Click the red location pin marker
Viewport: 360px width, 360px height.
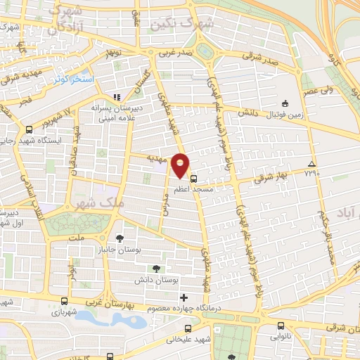pyautogui.click(x=181, y=165)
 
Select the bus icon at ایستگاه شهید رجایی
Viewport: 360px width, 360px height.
pyautogui.click(x=29, y=130)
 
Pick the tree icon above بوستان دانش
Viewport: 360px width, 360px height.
pyautogui.click(x=156, y=268)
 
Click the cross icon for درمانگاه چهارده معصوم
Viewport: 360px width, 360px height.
pyautogui.click(x=184, y=297)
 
